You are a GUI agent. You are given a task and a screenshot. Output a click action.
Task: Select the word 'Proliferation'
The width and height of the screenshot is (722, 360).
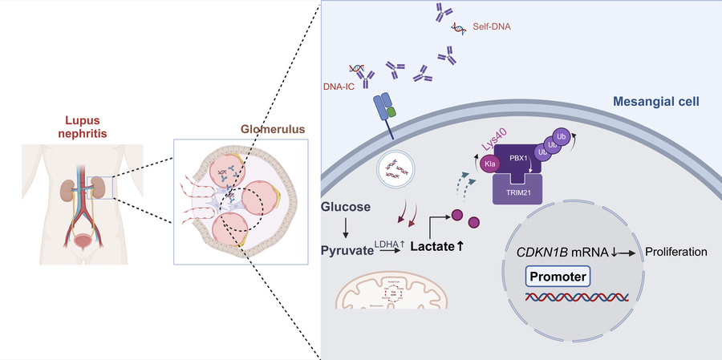(x=675, y=252)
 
